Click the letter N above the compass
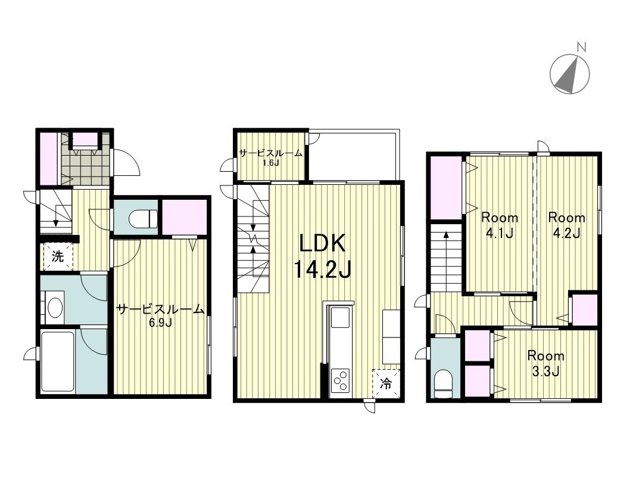point(582,48)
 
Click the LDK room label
point(322,244)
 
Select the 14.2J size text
point(322,269)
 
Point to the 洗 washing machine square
point(58,257)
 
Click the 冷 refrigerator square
point(386,383)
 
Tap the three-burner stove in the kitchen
point(341,380)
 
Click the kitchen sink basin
point(340,317)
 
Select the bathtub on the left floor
point(57,361)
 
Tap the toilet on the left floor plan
point(144,219)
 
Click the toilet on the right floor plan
point(444,384)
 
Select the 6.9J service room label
point(161,315)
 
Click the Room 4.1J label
point(500,224)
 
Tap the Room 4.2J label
point(566,224)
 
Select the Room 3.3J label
point(546,363)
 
